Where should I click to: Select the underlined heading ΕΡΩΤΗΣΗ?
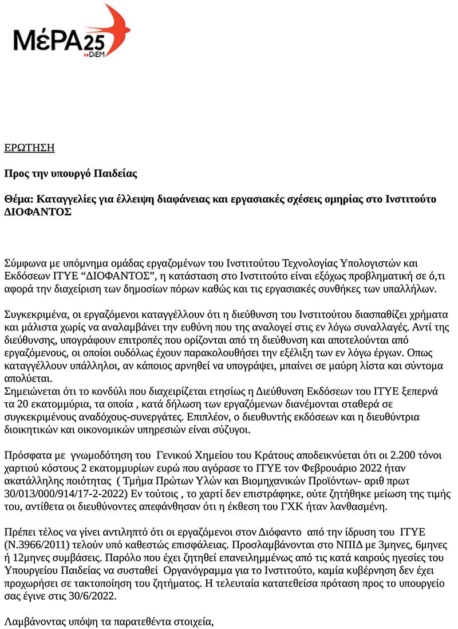point(29,148)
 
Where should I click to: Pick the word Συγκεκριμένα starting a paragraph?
point(35,315)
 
